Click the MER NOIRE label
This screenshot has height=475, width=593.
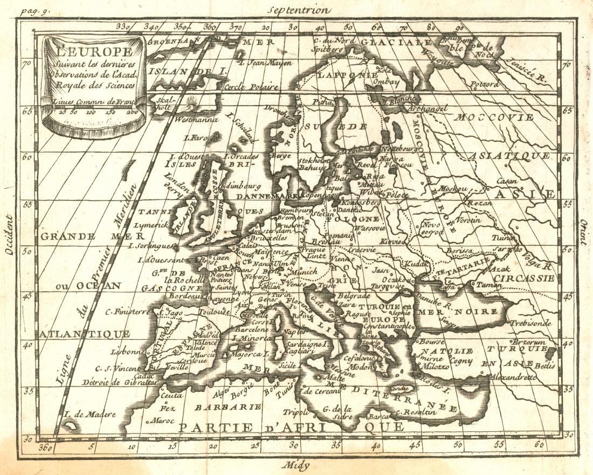tap(461, 312)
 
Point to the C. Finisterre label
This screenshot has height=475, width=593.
tap(127, 311)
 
